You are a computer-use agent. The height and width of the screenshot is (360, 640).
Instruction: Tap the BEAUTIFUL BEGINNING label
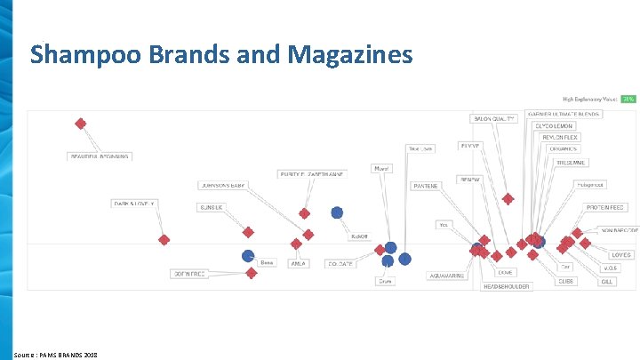[99, 157]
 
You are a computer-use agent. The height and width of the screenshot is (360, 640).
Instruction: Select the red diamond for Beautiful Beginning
[81, 124]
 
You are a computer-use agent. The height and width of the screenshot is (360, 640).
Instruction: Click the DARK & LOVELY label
[134, 204]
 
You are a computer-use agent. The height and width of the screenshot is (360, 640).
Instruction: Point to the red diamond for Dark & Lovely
[164, 240]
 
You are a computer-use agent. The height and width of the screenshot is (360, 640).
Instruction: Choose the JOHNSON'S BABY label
[222, 186]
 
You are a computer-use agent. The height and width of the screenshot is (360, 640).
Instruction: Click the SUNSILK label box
[212, 207]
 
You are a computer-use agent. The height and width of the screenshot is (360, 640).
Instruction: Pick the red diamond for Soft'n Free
[252, 274]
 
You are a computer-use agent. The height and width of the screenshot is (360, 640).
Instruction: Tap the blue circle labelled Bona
[248, 256]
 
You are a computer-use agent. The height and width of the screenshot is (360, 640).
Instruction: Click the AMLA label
[299, 263]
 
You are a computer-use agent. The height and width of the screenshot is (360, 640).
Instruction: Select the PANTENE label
[427, 186]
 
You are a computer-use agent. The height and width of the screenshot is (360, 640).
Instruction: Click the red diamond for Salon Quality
[508, 199]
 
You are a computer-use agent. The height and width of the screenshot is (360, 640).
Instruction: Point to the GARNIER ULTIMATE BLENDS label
[564, 114]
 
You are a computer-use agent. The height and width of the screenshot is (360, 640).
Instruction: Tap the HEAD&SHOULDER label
[506, 286]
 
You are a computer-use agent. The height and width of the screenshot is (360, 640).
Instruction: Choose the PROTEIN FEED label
[604, 207]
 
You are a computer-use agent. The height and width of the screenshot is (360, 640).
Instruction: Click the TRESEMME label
[571, 163]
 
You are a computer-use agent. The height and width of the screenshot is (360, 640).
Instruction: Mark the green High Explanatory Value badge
[628, 99]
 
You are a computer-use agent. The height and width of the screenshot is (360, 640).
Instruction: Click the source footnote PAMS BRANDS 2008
[55, 355]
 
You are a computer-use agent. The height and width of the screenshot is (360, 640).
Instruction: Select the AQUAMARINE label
[446, 276]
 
